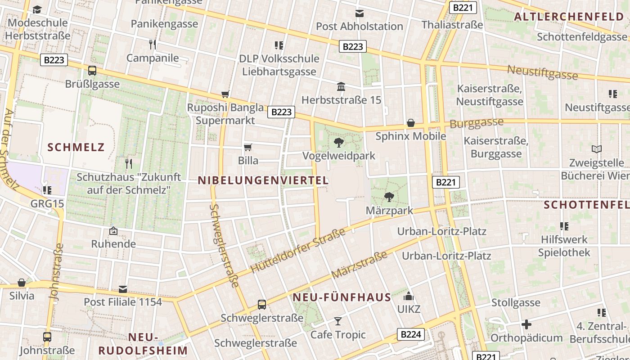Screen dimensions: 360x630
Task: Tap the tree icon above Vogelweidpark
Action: point(339,143)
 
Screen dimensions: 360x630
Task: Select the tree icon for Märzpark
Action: point(389,197)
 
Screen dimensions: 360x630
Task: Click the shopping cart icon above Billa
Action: point(247,148)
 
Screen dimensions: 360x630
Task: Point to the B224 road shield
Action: point(411,334)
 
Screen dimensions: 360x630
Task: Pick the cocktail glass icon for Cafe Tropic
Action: point(338,321)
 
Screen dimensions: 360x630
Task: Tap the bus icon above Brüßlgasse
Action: point(92,71)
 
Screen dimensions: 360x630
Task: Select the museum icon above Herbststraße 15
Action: point(341,86)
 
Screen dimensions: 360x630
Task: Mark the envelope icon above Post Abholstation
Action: point(359,13)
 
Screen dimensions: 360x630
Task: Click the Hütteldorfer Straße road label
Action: point(297,250)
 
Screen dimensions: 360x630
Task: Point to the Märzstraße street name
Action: point(359,265)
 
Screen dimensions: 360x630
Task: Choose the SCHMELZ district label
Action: point(76,147)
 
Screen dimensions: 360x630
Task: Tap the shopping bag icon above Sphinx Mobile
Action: point(411,123)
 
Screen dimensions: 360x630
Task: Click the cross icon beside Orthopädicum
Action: point(526,324)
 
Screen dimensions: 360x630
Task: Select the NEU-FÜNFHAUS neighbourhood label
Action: point(342,297)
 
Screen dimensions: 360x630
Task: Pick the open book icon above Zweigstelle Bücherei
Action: point(597,149)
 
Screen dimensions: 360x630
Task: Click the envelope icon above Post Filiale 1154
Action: point(123,289)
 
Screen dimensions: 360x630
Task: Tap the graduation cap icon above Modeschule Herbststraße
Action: point(37,9)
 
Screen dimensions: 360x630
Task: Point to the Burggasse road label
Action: point(477,123)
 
